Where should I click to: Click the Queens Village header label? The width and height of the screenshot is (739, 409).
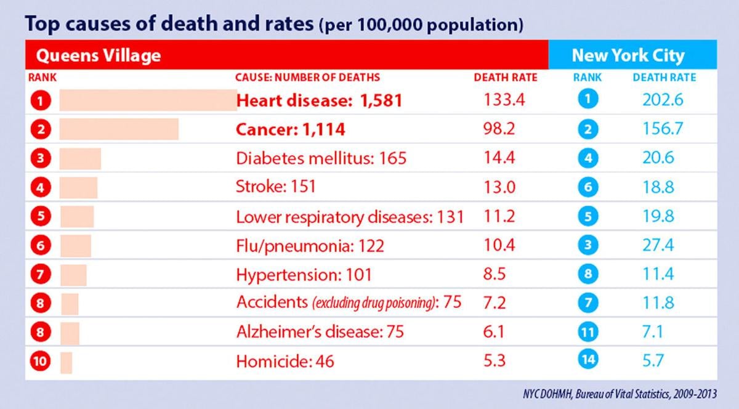click(99, 55)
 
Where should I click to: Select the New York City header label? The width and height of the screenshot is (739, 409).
click(628, 55)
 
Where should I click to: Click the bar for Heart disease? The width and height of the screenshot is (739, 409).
click(148, 100)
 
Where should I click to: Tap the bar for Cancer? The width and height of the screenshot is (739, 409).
click(119, 129)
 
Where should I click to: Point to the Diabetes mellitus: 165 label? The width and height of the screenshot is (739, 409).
click(321, 158)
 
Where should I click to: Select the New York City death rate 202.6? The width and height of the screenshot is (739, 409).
click(658, 100)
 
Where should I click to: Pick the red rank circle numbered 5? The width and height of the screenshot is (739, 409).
click(40, 216)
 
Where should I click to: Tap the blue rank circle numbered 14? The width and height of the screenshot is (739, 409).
click(588, 360)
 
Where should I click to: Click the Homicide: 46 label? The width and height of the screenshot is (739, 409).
click(285, 360)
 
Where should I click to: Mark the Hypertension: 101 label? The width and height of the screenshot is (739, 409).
click(304, 274)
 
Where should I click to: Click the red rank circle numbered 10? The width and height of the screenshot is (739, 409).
click(40, 360)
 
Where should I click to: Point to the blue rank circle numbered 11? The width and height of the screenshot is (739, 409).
click(588, 331)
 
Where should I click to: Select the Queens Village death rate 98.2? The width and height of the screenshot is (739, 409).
click(501, 129)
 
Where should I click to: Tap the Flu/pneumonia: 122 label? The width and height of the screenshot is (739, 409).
click(310, 245)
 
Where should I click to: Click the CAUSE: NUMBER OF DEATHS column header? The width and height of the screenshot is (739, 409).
click(307, 78)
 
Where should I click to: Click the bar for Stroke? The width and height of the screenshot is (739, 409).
click(78, 187)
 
